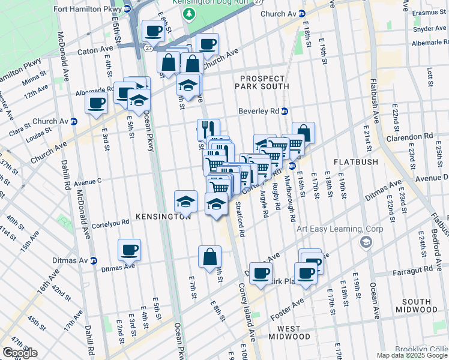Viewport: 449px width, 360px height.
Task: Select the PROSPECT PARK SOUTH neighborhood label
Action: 264,82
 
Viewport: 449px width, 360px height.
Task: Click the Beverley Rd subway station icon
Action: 285,111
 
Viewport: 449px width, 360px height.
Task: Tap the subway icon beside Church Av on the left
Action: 74,121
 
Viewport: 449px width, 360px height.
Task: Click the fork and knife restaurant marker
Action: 208,128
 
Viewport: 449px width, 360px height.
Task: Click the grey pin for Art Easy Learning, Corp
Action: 364,241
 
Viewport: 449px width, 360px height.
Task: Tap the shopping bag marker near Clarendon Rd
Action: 304,132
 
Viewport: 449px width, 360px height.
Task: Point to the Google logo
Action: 20,353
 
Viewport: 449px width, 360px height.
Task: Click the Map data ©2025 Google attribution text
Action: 412,355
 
